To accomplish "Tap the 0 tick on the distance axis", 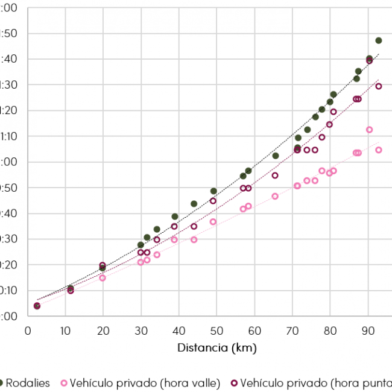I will [x=28, y=330].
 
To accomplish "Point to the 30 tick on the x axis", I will [x=141, y=330].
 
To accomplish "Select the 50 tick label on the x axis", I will [x=217, y=330].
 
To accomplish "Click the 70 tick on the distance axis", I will [x=292, y=330].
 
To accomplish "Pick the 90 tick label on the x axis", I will [x=367, y=330].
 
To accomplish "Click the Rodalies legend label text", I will [x=30, y=383].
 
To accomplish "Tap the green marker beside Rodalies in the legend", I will [x=2, y=383].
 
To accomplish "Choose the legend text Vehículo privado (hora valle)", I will [x=145, y=383].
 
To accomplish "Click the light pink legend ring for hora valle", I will [x=63, y=383].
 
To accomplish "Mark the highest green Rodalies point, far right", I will [x=379, y=40].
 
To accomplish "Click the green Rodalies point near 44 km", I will [x=194, y=204].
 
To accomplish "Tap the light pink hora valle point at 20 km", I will [x=103, y=278].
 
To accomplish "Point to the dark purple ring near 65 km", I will [x=275, y=175].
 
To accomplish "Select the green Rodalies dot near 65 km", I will [x=276, y=156].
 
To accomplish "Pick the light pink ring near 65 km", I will [x=275, y=196].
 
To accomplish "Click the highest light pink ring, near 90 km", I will [x=369, y=130].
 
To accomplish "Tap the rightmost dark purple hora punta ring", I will [x=379, y=86].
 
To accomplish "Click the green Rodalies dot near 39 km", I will [x=175, y=217].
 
